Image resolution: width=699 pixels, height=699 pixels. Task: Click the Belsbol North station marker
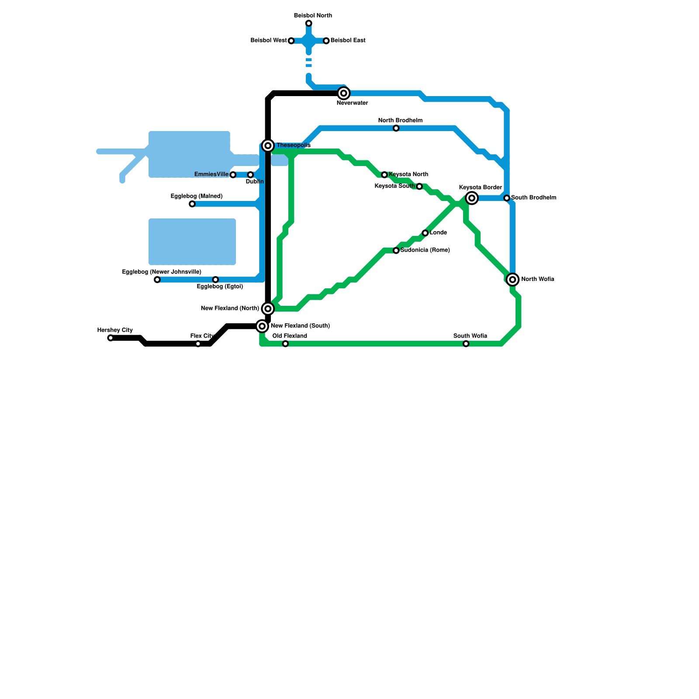click(309, 23)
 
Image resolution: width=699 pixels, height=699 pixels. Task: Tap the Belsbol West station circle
click(291, 41)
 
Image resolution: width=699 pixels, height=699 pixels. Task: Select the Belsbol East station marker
click(326, 41)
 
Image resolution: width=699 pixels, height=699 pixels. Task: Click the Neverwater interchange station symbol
click(344, 93)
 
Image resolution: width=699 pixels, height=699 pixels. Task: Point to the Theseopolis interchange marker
click(268, 145)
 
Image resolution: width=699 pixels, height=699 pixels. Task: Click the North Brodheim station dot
click(396, 128)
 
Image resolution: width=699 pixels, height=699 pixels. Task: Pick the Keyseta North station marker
click(384, 175)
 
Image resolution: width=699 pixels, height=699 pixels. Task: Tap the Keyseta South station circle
click(419, 187)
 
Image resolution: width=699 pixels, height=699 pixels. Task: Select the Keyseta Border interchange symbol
click(472, 198)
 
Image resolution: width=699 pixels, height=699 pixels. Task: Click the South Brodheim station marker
click(507, 198)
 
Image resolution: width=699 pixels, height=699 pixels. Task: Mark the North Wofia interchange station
click(513, 280)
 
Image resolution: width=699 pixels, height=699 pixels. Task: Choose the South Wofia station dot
click(466, 344)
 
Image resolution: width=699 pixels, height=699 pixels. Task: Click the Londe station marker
click(425, 233)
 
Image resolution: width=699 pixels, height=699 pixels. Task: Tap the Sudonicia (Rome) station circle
click(396, 250)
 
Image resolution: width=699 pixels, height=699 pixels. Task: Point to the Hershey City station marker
click(111, 338)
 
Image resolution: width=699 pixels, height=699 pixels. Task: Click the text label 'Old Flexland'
click(290, 336)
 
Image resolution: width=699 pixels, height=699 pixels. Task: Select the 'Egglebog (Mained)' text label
click(197, 196)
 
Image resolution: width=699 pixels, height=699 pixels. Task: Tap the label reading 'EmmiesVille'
click(211, 174)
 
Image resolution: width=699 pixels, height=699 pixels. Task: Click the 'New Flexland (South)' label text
click(300, 326)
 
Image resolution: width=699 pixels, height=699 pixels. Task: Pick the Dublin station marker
click(250, 175)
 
